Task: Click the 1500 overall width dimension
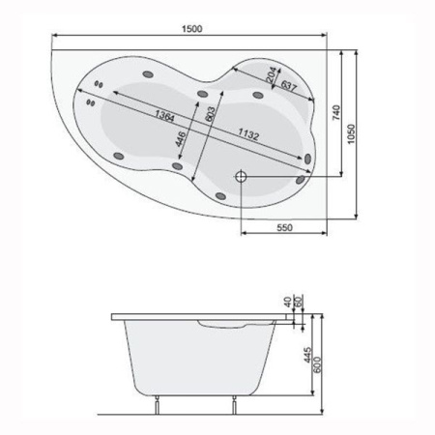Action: (x=192, y=30)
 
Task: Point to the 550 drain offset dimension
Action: (x=284, y=227)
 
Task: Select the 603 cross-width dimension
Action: (x=211, y=120)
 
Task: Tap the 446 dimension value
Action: (x=180, y=139)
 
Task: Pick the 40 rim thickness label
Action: (x=287, y=303)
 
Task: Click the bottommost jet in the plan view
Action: (x=221, y=196)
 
